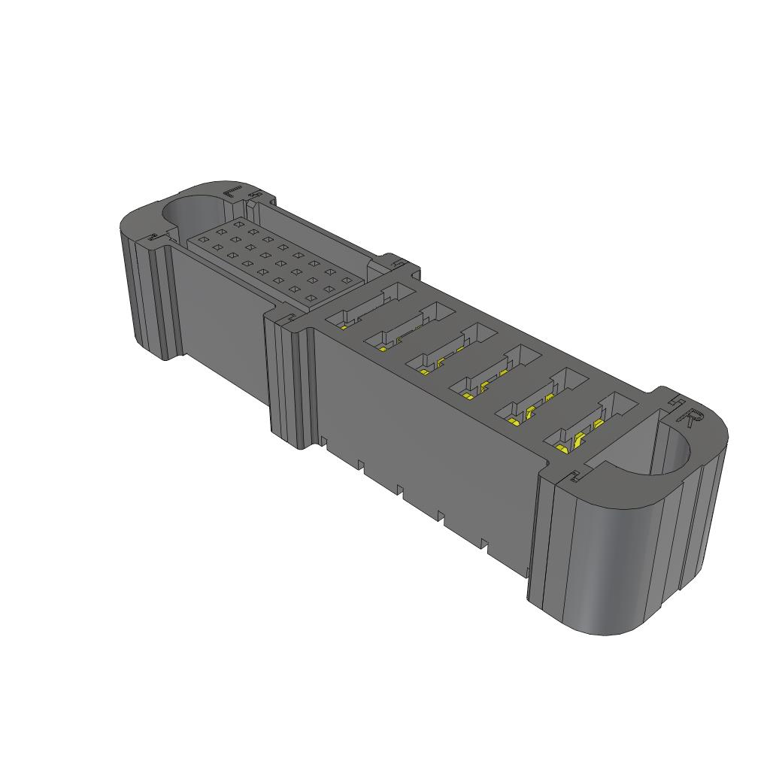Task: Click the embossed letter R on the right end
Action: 690,416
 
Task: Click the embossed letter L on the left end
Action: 232,191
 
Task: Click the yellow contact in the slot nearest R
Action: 562,449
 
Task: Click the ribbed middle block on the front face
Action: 290,383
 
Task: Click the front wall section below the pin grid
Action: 218,316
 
